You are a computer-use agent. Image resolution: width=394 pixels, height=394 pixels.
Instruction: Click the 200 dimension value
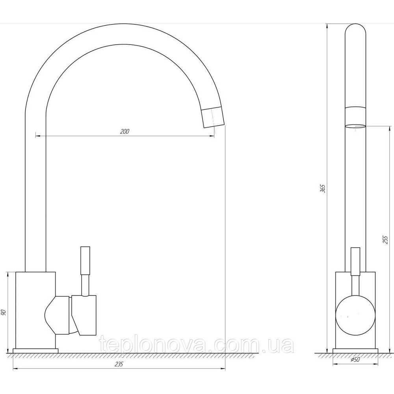125,132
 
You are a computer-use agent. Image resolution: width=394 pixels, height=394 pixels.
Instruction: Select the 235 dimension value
119,364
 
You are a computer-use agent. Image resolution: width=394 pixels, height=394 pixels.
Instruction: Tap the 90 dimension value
3,312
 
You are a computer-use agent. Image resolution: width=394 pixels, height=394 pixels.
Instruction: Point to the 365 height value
323,188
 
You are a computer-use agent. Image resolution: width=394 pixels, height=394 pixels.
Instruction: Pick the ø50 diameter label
355,360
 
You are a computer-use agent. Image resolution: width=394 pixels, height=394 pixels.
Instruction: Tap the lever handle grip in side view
85,260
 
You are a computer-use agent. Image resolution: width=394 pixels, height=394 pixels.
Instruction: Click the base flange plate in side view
35,351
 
